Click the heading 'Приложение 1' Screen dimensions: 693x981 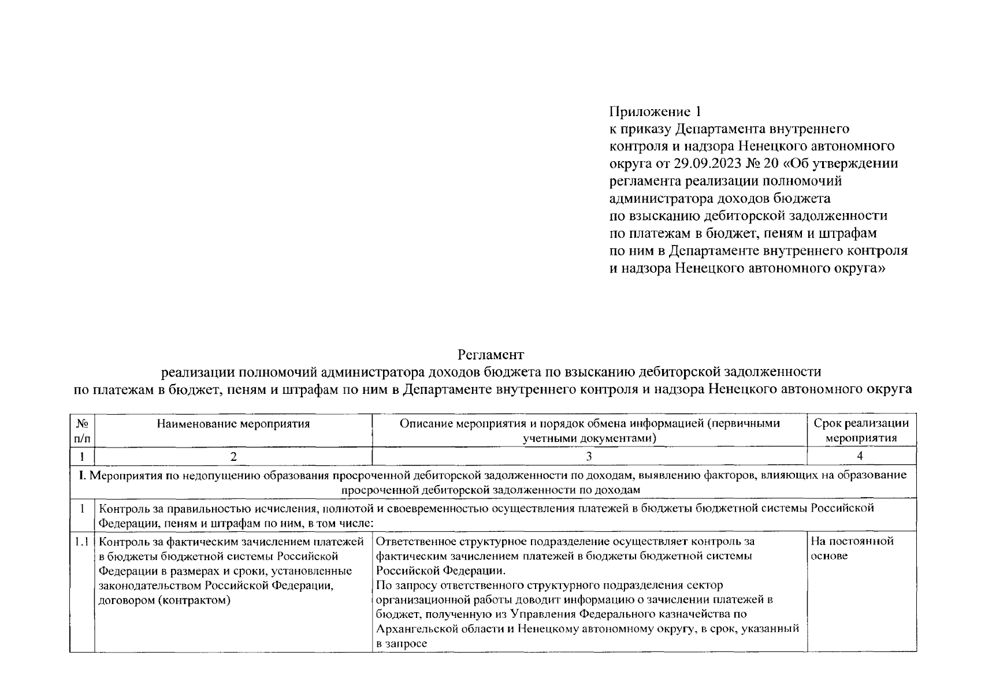(x=658, y=111)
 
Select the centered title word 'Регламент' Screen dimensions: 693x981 (x=490, y=353)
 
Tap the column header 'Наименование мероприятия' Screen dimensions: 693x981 (x=233, y=424)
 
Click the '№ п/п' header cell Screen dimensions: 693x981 (x=82, y=431)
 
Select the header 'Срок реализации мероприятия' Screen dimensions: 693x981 (x=861, y=430)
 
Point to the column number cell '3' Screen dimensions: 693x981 (x=589, y=456)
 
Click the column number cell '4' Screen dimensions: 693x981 (x=860, y=456)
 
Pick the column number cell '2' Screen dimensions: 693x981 (x=233, y=456)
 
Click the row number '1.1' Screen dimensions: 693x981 (x=82, y=542)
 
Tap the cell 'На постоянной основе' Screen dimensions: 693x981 (x=852, y=548)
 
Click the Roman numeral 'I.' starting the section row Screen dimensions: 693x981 (x=82, y=476)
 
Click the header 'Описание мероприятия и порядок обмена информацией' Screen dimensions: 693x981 (x=589, y=424)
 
